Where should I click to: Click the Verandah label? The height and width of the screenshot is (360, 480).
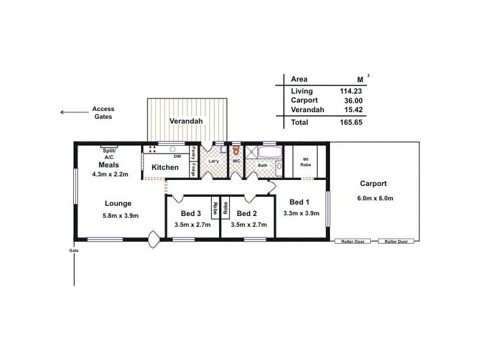pos(186,121)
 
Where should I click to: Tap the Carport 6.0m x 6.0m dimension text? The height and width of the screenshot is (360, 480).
pos(373,199)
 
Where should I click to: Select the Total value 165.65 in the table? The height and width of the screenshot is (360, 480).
pos(350,122)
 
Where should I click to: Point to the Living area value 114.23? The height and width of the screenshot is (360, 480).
pos(350,91)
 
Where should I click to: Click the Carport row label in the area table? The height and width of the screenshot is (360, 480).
pos(304,100)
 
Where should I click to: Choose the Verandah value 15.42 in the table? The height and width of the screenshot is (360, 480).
pos(352,110)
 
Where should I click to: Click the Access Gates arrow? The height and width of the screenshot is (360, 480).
pos(72,112)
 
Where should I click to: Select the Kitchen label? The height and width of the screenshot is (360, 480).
pos(164,167)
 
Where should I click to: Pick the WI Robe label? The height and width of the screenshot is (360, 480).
pos(305,162)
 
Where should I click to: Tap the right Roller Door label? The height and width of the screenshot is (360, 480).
pos(396,241)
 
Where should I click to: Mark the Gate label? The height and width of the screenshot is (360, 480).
pos(74,249)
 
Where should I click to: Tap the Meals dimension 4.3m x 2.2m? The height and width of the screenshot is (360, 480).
pos(112,175)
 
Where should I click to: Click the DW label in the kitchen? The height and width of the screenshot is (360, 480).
pos(178,156)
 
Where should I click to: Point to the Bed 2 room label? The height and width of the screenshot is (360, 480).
pos(247,214)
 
